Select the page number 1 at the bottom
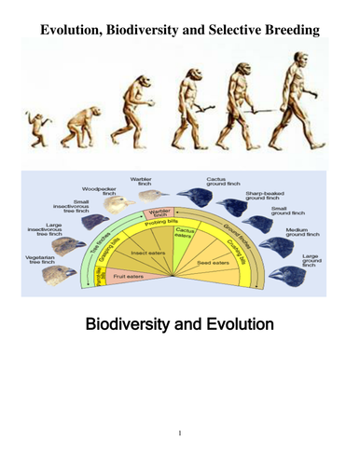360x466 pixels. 180,433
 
